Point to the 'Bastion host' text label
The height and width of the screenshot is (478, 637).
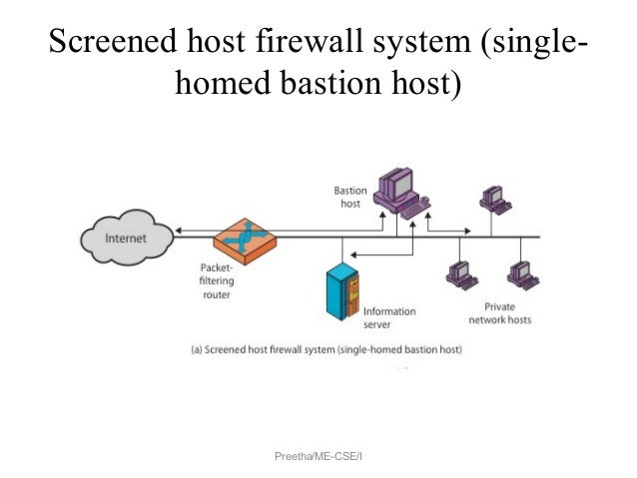350,197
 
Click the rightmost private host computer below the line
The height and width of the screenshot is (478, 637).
519,274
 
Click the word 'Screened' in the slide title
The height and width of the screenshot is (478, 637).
111,45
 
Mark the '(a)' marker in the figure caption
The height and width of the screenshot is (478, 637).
198,350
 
